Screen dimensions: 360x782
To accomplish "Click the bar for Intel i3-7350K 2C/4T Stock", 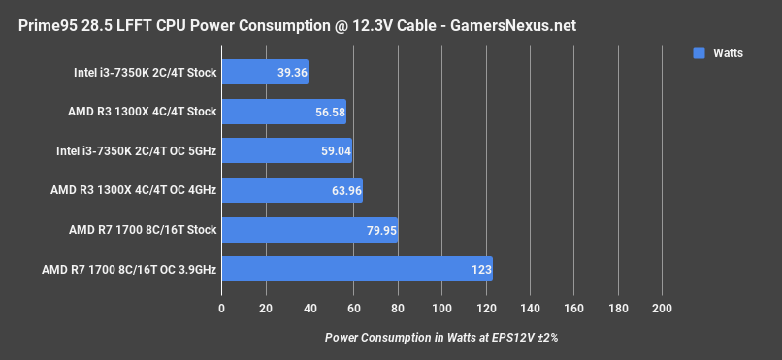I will pyautogui.click(x=265, y=72).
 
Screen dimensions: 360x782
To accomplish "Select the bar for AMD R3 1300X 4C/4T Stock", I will pyautogui.click(x=283, y=112).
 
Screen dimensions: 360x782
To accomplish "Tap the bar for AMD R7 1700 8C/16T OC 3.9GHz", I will pyautogui.click(x=357, y=269).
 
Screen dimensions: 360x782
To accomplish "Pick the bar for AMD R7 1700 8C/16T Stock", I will pyautogui.click(x=310, y=230).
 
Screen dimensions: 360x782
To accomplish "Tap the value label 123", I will pyautogui.click(x=479, y=270).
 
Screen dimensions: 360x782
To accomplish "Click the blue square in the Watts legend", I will pyautogui.click(x=699, y=53).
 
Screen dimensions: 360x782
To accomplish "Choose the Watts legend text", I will pyautogui.click(x=727, y=53).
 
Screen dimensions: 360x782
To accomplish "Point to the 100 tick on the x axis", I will pyautogui.click(x=441, y=308).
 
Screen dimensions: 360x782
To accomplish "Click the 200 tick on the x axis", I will pyautogui.click(x=662, y=308).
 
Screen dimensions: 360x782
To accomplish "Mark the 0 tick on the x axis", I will pyautogui.click(x=222, y=308).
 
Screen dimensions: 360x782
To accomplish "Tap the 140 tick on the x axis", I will pyautogui.click(x=530, y=308).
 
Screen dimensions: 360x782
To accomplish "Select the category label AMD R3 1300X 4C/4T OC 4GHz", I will pyautogui.click(x=134, y=190).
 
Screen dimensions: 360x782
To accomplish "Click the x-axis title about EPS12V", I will pyautogui.click(x=441, y=338).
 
